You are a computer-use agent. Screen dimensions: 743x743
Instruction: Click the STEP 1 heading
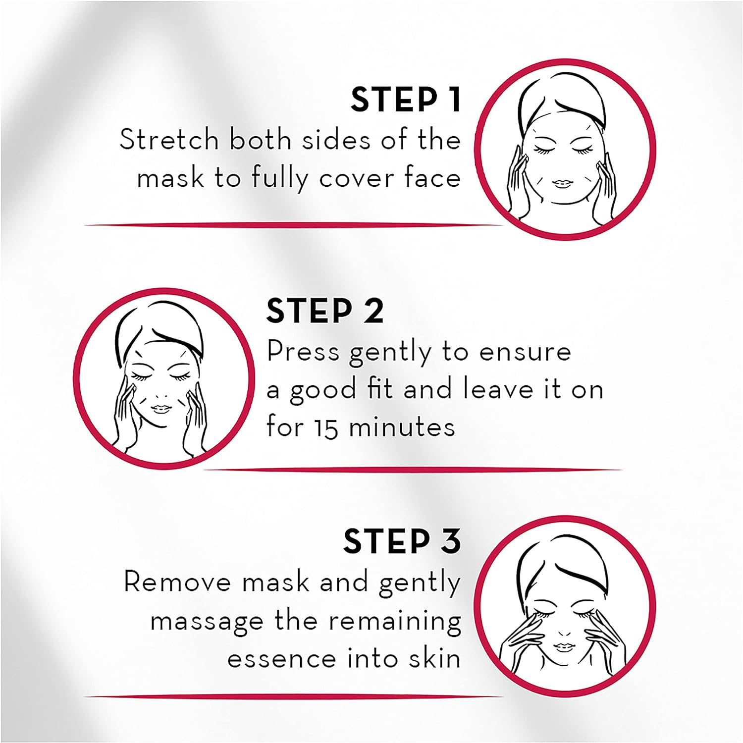click(x=406, y=100)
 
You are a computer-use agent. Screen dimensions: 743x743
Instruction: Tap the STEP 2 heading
click(x=324, y=311)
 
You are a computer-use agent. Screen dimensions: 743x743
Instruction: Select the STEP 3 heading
click(x=402, y=541)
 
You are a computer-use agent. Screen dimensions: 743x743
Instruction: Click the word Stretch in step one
click(x=169, y=140)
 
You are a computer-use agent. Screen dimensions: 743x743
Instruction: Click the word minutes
click(x=402, y=427)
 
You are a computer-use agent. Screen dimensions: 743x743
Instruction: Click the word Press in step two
click(x=303, y=352)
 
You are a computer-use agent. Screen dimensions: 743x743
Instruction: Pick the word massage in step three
click(x=207, y=621)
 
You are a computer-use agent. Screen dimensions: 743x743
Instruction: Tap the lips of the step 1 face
click(x=562, y=184)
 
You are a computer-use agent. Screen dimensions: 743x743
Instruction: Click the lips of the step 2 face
click(x=160, y=408)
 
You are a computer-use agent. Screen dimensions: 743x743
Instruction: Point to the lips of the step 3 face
click(x=563, y=646)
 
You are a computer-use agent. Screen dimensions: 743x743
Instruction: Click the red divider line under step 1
click(x=292, y=225)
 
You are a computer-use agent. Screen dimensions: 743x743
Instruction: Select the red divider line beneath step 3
click(x=292, y=696)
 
